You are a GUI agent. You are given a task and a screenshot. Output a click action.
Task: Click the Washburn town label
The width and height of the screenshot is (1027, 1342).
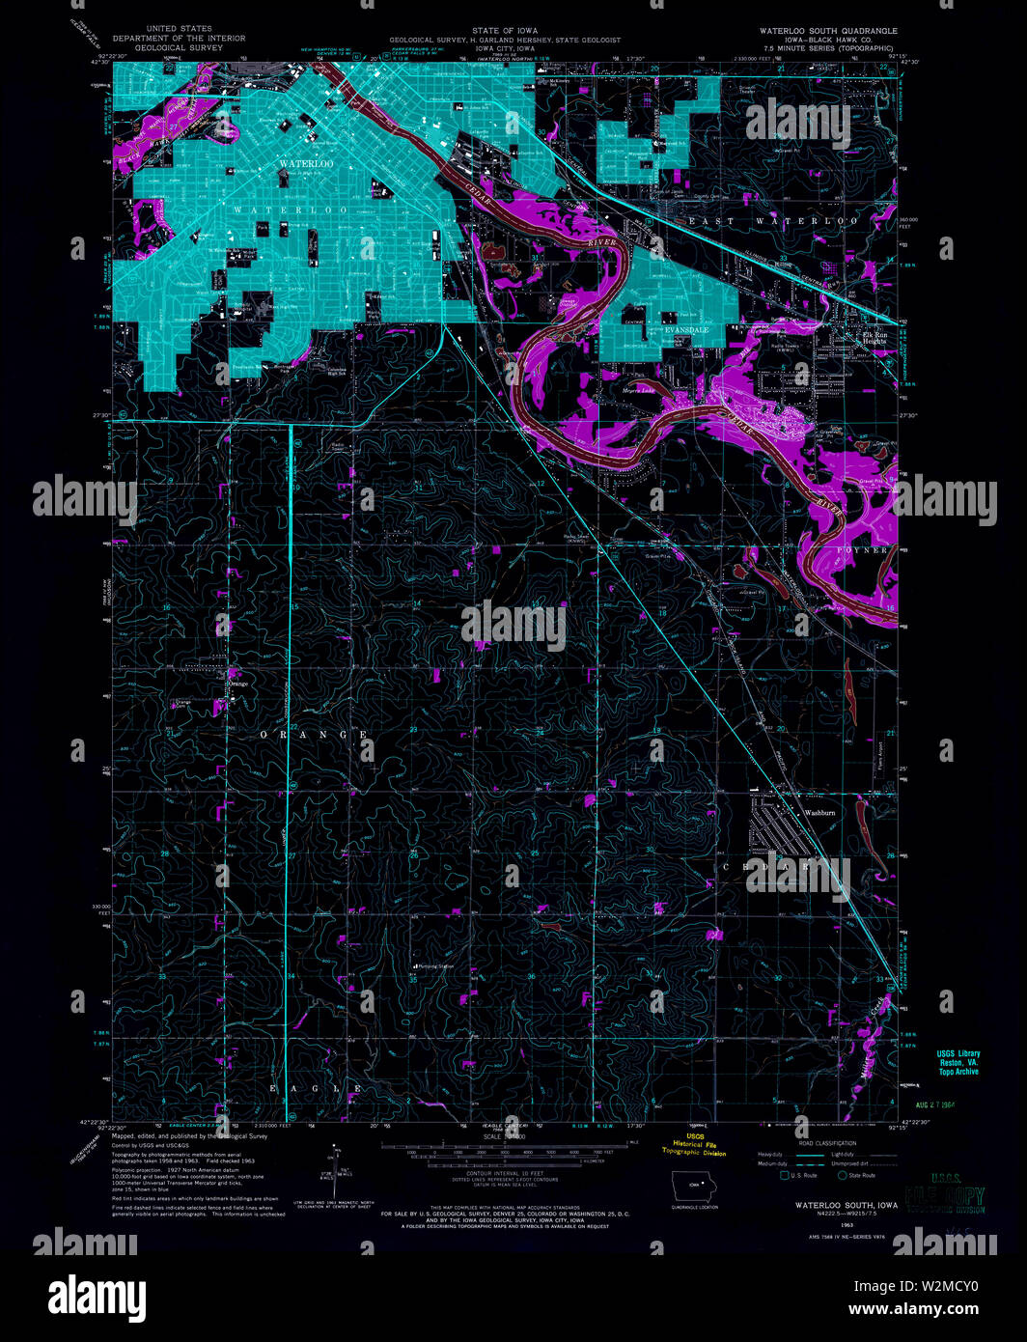click(x=819, y=813)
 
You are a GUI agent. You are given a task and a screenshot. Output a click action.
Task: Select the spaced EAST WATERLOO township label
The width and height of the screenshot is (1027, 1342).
click(x=772, y=221)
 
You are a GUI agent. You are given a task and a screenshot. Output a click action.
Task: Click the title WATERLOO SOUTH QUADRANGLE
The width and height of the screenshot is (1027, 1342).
click(x=827, y=31)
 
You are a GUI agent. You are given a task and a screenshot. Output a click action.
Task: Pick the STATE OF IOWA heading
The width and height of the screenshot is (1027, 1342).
click(x=505, y=31)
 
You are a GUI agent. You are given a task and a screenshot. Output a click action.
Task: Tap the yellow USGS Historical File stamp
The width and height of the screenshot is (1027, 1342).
click(x=694, y=1144)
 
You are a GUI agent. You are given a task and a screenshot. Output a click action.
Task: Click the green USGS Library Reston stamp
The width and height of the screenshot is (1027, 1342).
click(x=957, y=1062)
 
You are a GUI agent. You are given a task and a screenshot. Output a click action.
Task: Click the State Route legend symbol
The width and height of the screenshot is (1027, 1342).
click(x=843, y=1175)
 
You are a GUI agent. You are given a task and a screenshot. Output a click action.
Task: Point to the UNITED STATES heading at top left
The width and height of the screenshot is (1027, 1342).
click(x=179, y=30)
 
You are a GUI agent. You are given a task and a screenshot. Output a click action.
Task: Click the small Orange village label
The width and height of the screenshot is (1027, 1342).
click(x=236, y=684)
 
